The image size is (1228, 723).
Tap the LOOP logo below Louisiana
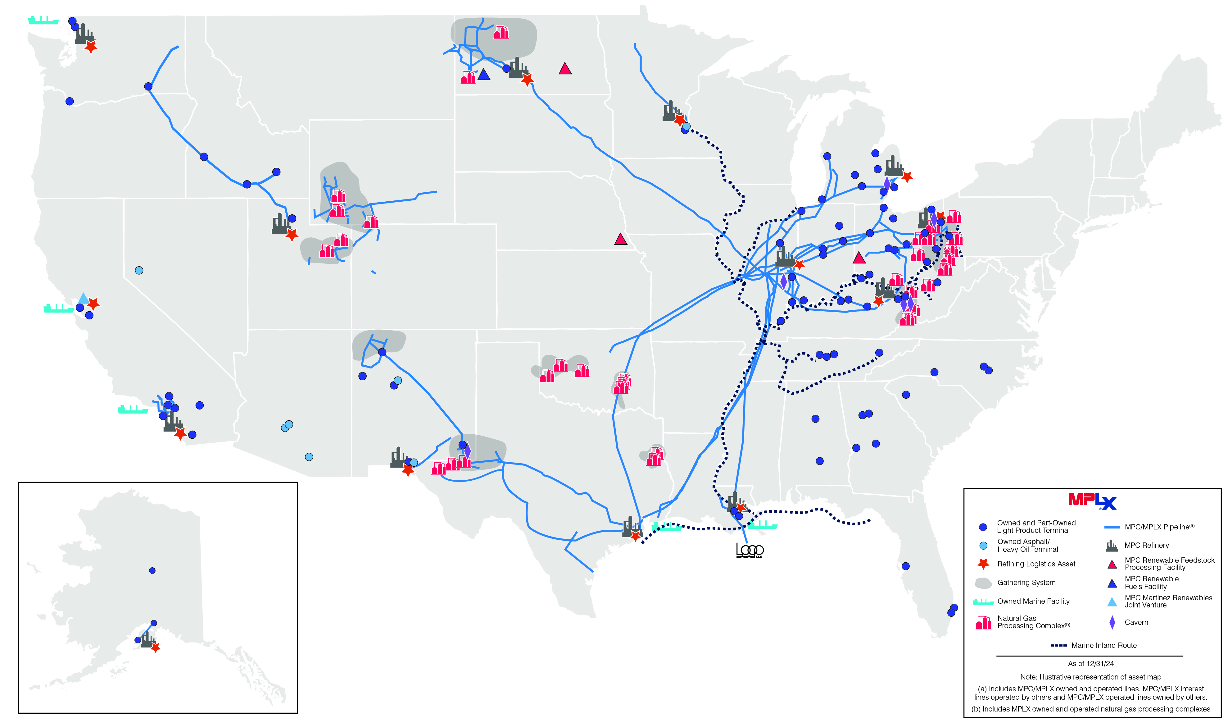[x=750, y=551]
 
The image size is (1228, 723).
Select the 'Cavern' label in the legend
[x=1136, y=623]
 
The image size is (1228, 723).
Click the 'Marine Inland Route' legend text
[x=1104, y=646]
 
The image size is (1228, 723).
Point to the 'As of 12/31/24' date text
[x=1090, y=664]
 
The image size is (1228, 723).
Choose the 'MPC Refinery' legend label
[x=1146, y=546]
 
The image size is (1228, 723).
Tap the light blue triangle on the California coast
[x=83, y=298]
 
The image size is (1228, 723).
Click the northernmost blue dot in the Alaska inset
[x=152, y=570]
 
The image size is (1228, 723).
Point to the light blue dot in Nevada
[x=139, y=270]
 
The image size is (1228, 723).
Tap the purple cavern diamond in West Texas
[x=467, y=450]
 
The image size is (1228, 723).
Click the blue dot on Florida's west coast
[x=905, y=566]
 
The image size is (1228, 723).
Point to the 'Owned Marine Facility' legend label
[x=1033, y=602]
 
